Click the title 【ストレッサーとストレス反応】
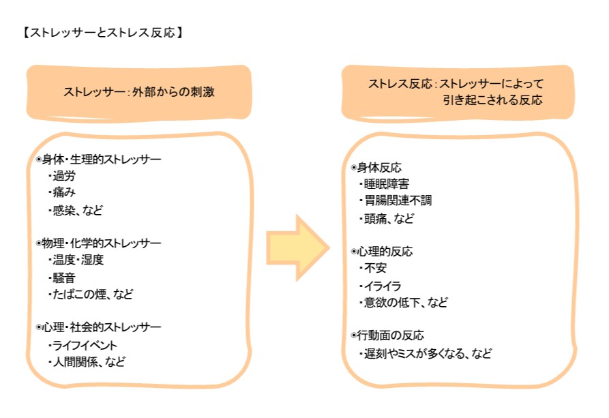[x=102, y=32]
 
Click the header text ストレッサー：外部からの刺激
[x=138, y=92]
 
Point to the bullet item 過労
[x=65, y=176]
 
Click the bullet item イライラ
[x=383, y=286]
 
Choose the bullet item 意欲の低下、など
[x=405, y=302]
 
